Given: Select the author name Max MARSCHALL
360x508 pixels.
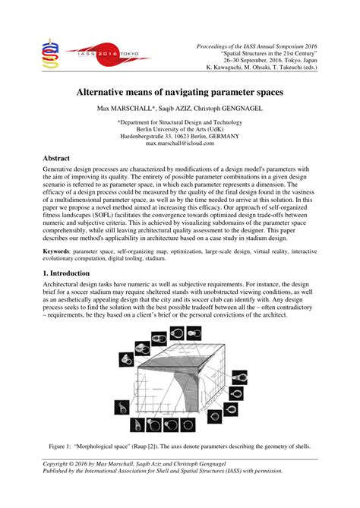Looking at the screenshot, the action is [125, 109].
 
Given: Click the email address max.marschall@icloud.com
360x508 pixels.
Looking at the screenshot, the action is [181, 143].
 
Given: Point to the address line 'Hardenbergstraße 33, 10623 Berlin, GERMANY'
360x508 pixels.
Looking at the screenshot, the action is [181, 136].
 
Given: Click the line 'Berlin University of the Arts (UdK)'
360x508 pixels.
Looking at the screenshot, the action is [181, 128].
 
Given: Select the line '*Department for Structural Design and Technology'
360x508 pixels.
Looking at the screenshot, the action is [181, 121].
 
